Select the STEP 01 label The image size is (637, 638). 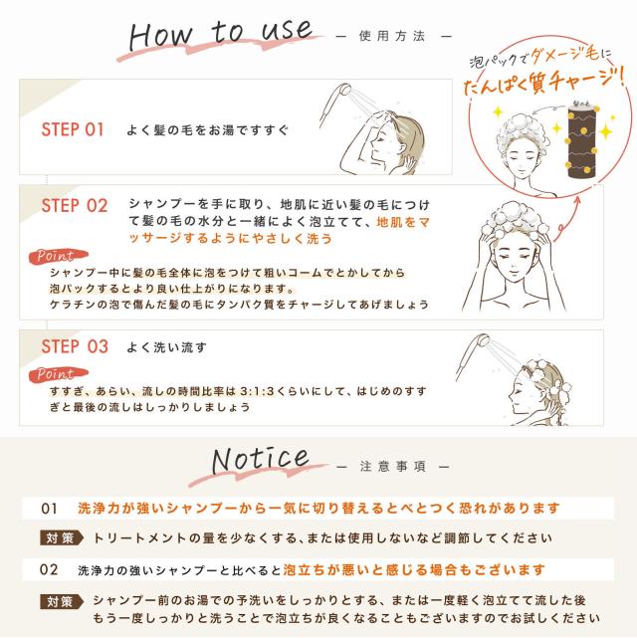coord(73,129)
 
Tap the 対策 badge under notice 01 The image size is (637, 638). coord(59,537)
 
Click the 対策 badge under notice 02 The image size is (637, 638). coord(59,601)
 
